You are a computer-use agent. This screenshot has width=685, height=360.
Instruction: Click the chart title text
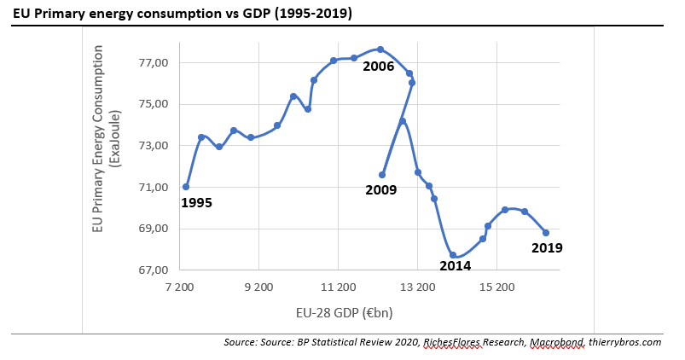(183, 15)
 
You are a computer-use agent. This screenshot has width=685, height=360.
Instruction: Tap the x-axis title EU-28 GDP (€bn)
(344, 312)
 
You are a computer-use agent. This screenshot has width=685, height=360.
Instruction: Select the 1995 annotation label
(196, 203)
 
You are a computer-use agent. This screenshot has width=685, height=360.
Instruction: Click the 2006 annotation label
(378, 66)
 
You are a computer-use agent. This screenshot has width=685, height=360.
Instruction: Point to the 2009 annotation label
(380, 190)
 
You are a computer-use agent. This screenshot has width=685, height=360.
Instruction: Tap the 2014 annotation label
(456, 265)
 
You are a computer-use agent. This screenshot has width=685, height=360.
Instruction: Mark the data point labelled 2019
(546, 233)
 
